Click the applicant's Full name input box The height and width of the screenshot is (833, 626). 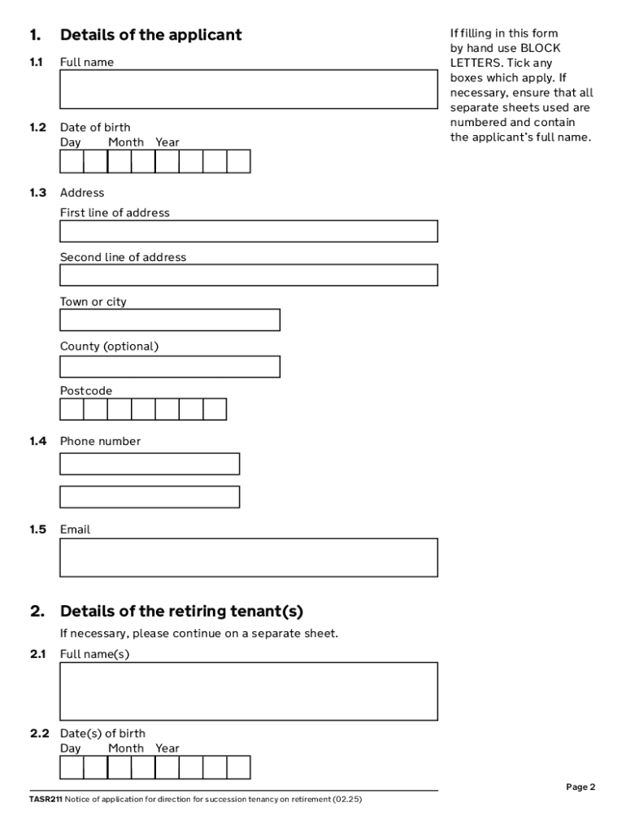tap(248, 89)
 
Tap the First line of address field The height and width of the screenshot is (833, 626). tap(248, 231)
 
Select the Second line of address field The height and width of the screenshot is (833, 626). tap(248, 275)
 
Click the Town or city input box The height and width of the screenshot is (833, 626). tap(170, 320)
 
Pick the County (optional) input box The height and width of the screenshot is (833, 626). tap(170, 366)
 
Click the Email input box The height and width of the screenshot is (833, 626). tap(248, 557)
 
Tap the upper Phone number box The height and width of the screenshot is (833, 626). tap(150, 464)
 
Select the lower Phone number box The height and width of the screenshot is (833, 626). tap(150, 496)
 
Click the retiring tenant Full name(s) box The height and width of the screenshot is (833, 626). tap(248, 691)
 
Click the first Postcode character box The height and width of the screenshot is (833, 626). tap(72, 408)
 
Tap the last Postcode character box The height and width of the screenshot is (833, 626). tap(215, 408)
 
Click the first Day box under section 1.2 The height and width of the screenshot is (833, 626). tap(72, 162)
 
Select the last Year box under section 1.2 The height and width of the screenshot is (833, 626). tap(238, 162)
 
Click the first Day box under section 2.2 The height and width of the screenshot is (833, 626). tap(72, 767)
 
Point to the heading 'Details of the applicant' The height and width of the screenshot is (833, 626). tap(150, 35)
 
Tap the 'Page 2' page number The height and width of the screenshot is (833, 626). tap(580, 787)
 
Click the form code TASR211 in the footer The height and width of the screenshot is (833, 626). tap(46, 799)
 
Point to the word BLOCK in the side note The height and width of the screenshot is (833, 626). tap(541, 48)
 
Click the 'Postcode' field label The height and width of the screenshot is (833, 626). tap(86, 391)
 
